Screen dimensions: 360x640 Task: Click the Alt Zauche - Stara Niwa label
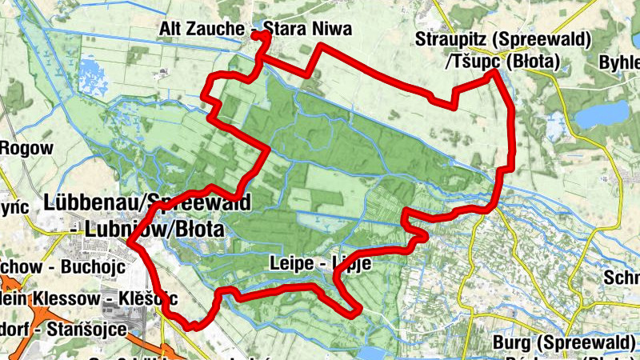(x=256, y=30)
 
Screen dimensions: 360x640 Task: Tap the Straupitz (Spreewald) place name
(x=503, y=39)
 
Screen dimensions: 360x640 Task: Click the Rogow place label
(x=26, y=148)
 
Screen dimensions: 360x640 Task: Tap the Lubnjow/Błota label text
(x=149, y=230)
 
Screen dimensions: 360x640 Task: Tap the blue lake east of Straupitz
(x=603, y=114)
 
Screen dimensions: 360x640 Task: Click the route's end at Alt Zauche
(x=258, y=34)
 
